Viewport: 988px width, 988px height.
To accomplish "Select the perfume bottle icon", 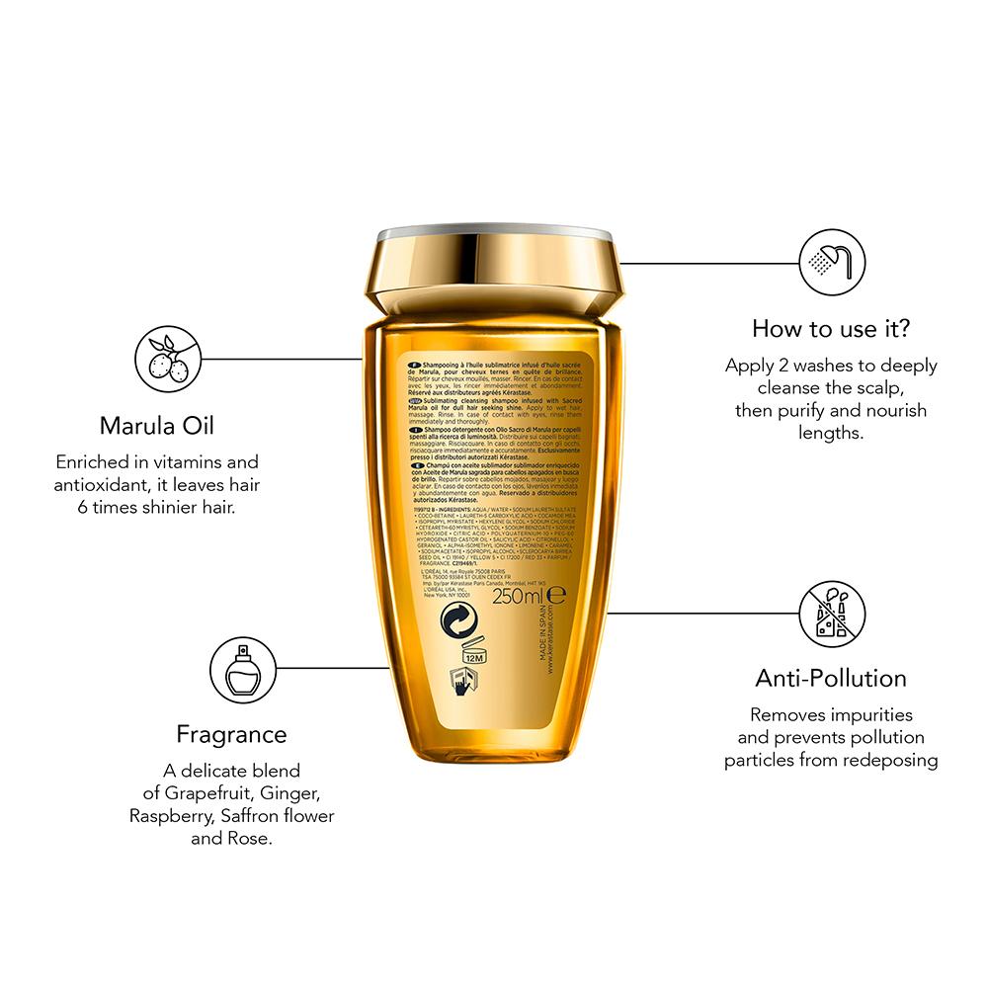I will [242, 669].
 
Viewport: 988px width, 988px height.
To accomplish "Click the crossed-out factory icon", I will [832, 613].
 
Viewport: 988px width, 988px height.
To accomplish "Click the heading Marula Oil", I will [157, 426].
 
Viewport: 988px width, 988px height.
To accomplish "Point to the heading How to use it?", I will [831, 327].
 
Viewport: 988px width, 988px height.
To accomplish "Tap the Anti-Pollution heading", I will [831, 678].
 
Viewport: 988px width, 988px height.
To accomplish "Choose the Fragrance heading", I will [231, 734].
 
